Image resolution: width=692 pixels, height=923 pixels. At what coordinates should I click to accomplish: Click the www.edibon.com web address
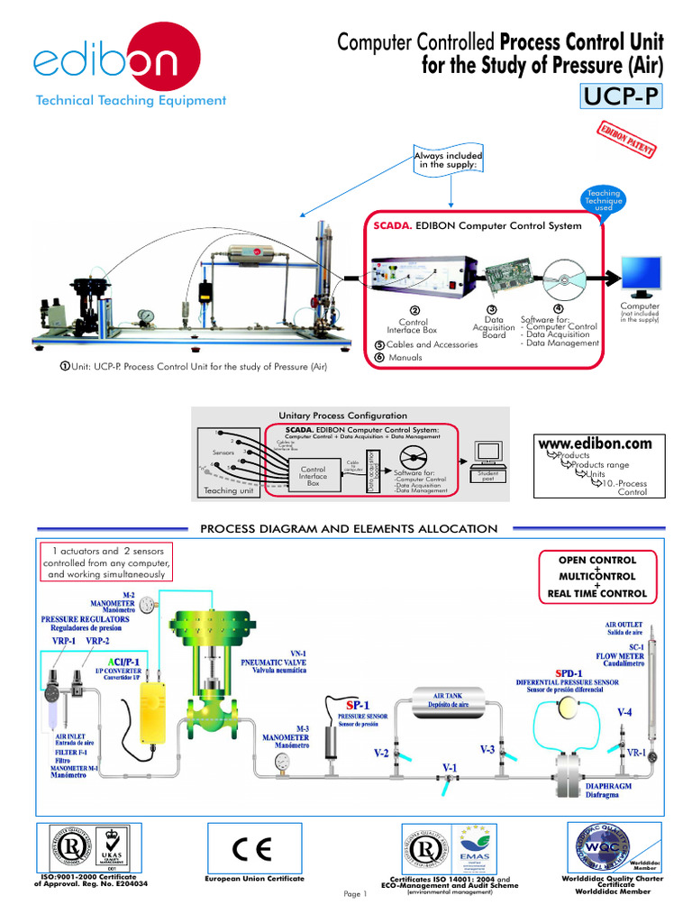594,444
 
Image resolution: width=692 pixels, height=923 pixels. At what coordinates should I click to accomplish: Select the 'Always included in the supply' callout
448,160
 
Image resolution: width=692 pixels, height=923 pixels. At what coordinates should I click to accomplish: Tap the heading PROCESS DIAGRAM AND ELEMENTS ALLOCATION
348,528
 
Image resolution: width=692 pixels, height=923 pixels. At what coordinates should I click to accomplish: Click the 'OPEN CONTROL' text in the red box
597,560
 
